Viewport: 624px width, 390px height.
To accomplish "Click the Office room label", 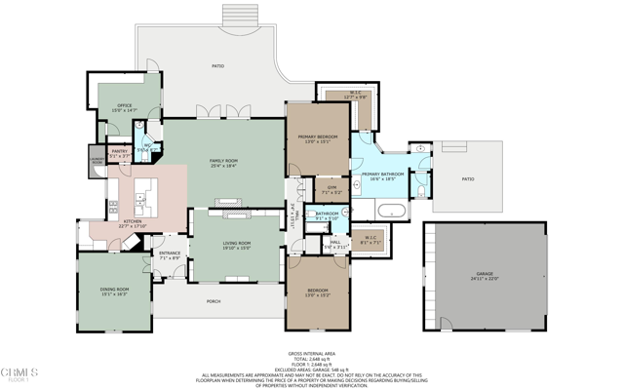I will tap(124, 105).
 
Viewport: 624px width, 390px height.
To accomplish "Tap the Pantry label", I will tap(119, 151).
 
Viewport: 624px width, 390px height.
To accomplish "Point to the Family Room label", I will tap(223, 161).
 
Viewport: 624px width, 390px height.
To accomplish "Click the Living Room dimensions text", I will tap(237, 249).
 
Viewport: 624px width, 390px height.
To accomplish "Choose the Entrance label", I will tap(170, 253).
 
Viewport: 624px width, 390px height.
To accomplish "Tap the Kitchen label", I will tap(133, 221).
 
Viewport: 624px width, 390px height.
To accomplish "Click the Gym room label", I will tap(331, 187).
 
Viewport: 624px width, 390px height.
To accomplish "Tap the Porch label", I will tap(214, 301).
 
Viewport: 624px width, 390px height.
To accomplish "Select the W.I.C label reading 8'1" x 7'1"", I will tap(370, 236).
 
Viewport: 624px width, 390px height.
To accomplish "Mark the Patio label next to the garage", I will tap(467, 178).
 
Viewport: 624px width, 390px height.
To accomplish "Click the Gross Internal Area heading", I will tap(312, 353).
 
